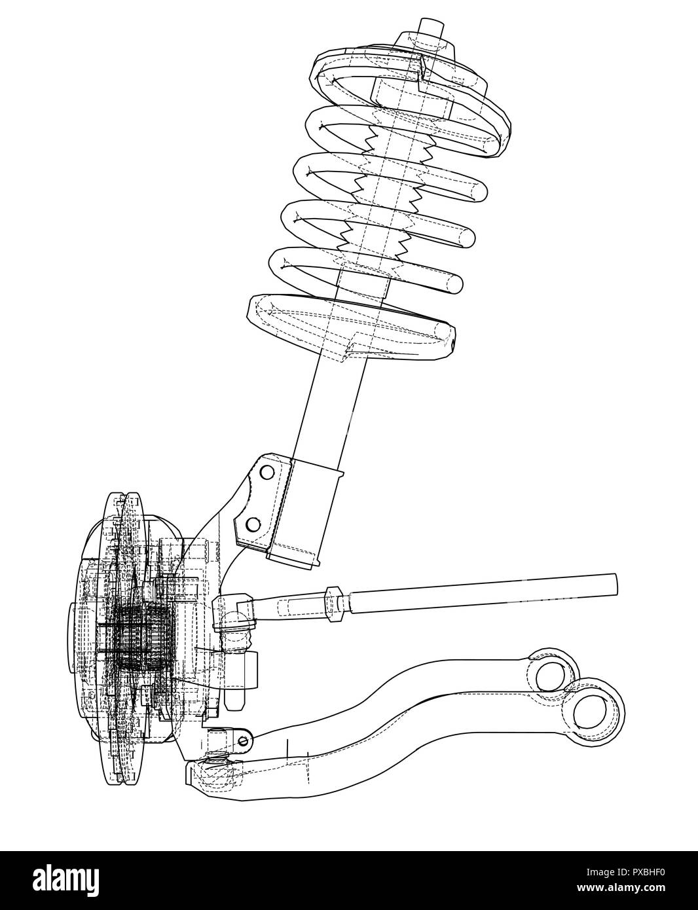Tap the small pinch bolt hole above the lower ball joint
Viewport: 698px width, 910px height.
click(244, 740)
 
